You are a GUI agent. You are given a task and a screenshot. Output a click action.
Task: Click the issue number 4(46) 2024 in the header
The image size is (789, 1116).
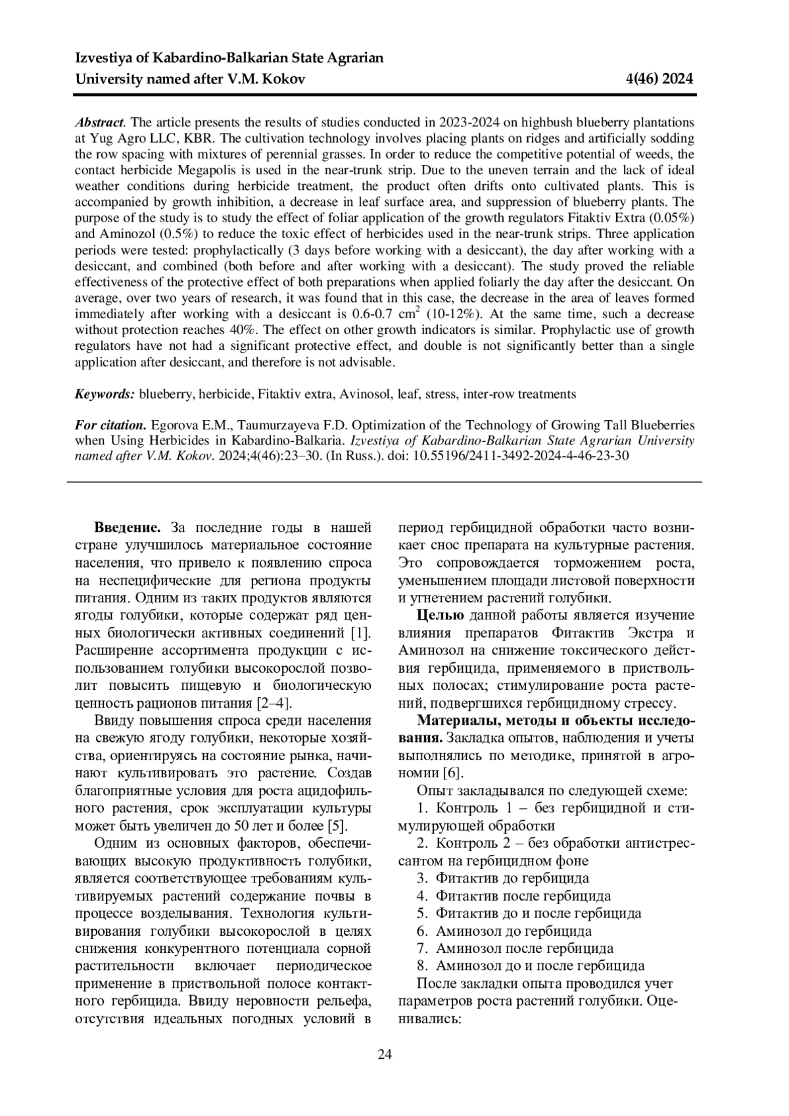tap(661, 80)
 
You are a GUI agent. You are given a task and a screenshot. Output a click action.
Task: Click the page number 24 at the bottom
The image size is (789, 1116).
tap(385, 1055)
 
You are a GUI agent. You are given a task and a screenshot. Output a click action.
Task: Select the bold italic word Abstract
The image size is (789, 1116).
tap(99, 122)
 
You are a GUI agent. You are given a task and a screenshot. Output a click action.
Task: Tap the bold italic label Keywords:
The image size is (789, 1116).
tap(105, 395)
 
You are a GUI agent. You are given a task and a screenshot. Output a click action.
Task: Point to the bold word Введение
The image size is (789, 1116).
tap(128, 528)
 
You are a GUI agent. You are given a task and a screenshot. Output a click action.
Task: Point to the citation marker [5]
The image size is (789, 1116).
tap(337, 826)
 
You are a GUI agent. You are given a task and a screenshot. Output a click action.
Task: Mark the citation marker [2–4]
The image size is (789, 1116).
tap(274, 703)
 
